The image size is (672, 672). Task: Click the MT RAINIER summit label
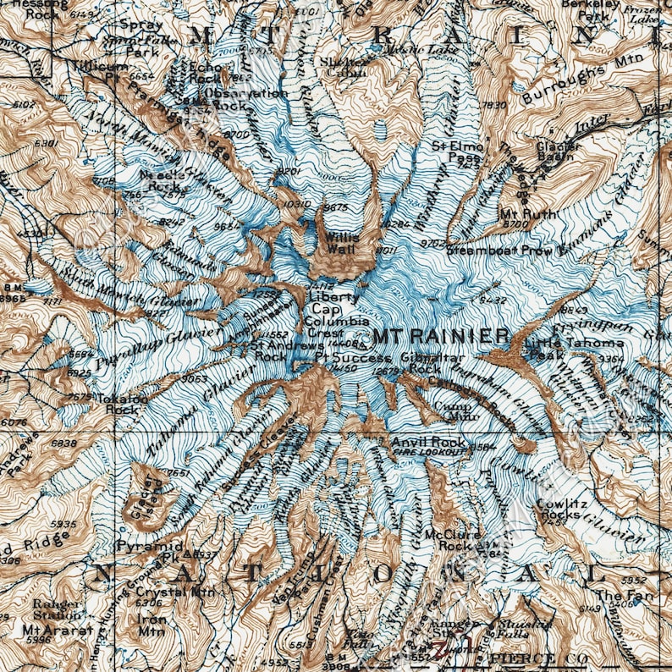pos(440,336)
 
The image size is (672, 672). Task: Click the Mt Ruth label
pos(528,214)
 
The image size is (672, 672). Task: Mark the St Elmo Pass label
pos(458,151)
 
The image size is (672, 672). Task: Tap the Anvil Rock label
pos(427,442)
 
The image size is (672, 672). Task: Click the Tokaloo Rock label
pos(123,403)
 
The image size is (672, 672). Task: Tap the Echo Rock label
pos(205,71)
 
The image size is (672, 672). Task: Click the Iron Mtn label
pos(151,625)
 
